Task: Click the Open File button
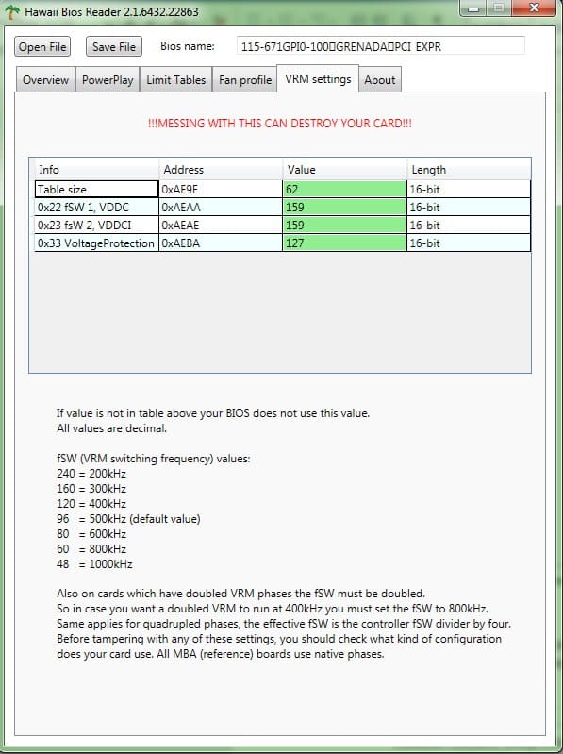pyautogui.click(x=43, y=46)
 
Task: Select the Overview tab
pyautogui.click(x=45, y=80)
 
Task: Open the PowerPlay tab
pyautogui.click(x=108, y=80)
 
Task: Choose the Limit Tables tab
pyautogui.click(x=175, y=80)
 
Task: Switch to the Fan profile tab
pyautogui.click(x=245, y=80)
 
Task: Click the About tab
pyautogui.click(x=379, y=80)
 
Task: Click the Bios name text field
pyautogui.click(x=380, y=46)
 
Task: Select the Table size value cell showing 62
pyautogui.click(x=344, y=189)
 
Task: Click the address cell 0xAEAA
pyautogui.click(x=220, y=207)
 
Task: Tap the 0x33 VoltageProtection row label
pyautogui.click(x=95, y=243)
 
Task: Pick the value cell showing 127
pyautogui.click(x=344, y=243)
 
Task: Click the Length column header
pyautogui.click(x=429, y=170)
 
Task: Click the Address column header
pyautogui.click(x=184, y=170)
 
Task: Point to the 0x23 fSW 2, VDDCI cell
pyautogui.click(x=95, y=226)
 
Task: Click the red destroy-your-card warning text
pyautogui.click(x=280, y=124)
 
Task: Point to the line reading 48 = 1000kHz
pyautogui.click(x=94, y=564)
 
